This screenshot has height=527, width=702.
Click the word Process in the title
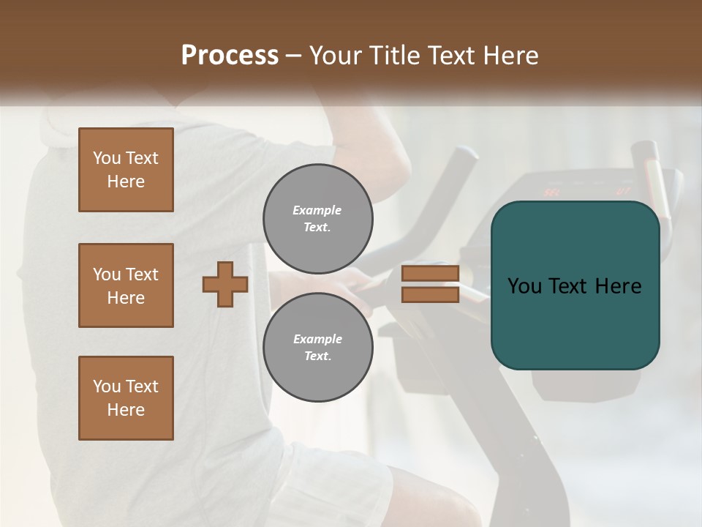(x=230, y=55)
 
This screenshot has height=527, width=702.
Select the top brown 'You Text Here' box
(x=126, y=170)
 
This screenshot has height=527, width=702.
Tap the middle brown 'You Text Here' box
(x=126, y=285)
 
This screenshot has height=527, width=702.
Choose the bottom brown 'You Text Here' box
(x=126, y=398)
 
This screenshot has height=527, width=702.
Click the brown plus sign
(x=225, y=284)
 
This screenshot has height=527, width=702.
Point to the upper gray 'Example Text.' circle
(x=317, y=219)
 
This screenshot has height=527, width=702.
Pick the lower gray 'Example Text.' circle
(x=317, y=348)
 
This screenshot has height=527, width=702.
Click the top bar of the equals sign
(x=430, y=273)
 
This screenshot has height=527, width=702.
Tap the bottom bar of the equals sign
(x=430, y=294)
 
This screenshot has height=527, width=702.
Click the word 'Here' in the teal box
(x=618, y=286)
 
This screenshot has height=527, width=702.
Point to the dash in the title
(x=293, y=56)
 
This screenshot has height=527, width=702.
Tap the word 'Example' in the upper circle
(x=317, y=210)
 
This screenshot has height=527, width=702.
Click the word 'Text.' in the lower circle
(x=317, y=356)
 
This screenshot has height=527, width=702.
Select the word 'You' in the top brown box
(x=106, y=158)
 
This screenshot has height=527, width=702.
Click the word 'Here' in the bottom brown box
(x=126, y=410)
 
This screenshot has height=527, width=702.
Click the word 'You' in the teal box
(x=524, y=286)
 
